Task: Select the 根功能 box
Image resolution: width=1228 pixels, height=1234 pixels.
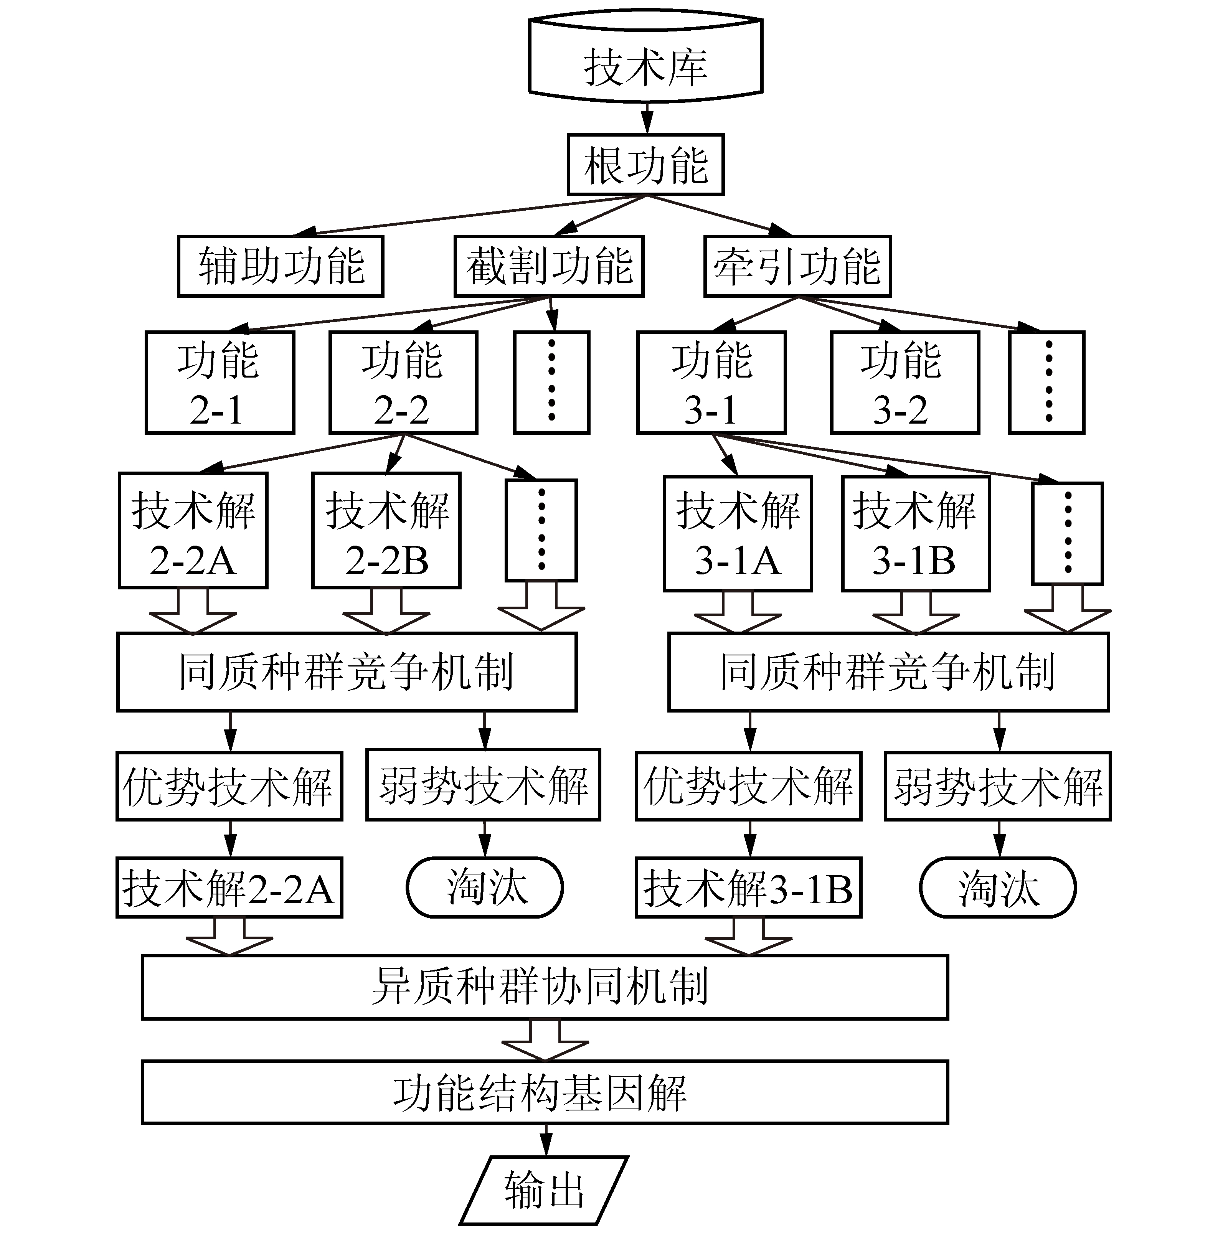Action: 646,165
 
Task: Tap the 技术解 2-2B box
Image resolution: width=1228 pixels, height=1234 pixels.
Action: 386,531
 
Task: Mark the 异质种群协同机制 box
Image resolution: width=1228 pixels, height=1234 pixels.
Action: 545,987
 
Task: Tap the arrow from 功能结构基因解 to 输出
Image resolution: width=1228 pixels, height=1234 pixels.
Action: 546,1140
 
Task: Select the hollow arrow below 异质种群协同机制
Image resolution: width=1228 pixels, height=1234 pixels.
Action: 545,1040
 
